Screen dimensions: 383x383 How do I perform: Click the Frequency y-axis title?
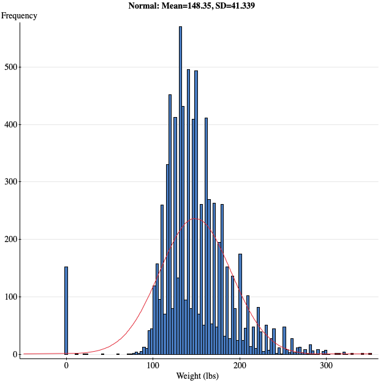19,16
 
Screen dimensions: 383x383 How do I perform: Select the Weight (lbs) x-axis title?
197,376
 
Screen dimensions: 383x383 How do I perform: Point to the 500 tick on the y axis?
11,67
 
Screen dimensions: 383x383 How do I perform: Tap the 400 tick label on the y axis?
11,124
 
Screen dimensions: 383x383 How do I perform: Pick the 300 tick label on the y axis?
11,182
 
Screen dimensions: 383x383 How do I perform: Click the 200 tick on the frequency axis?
11,239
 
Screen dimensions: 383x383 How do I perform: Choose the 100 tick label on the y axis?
11,297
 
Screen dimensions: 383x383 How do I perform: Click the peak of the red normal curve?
195,218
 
